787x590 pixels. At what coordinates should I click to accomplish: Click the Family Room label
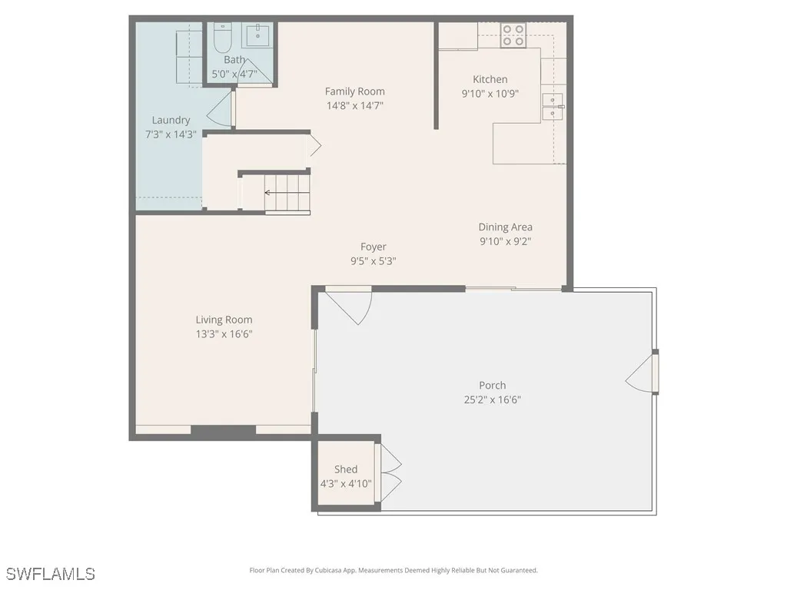pyautogui.click(x=354, y=91)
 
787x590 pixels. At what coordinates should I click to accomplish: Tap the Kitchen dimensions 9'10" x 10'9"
pyautogui.click(x=490, y=93)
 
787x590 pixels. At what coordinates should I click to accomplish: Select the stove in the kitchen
pyautogui.click(x=513, y=35)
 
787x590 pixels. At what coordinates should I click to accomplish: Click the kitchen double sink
pyautogui.click(x=552, y=107)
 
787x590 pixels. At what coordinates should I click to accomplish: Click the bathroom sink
pyautogui.click(x=257, y=35)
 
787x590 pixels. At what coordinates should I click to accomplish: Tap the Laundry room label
pyautogui.click(x=171, y=120)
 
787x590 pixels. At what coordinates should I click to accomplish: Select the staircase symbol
pyautogui.click(x=287, y=193)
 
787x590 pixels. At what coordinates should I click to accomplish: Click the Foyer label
pyautogui.click(x=374, y=247)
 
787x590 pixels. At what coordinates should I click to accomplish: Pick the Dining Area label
pyautogui.click(x=505, y=227)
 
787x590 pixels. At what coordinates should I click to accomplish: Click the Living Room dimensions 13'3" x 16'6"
pyautogui.click(x=224, y=333)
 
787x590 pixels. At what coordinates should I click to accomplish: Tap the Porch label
pyautogui.click(x=492, y=386)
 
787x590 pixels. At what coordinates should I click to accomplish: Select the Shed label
pyautogui.click(x=346, y=469)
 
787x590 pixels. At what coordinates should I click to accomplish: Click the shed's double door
pyautogui.click(x=390, y=471)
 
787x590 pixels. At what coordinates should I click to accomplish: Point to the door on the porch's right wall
pyautogui.click(x=643, y=373)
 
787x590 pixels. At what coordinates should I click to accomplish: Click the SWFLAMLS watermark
pyautogui.click(x=51, y=573)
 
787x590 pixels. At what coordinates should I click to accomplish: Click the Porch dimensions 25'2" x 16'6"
pyautogui.click(x=492, y=399)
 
